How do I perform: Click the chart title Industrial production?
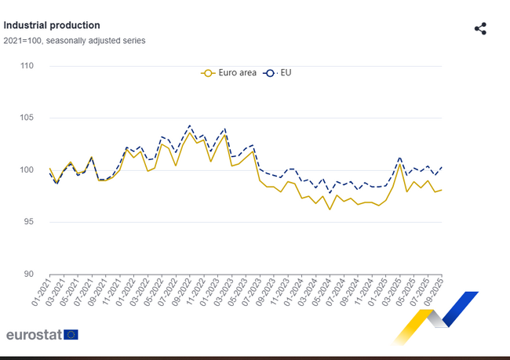click(52, 25)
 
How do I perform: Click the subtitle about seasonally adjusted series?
click(75, 40)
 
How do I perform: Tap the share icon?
click(481, 29)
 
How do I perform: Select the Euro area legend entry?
click(228, 72)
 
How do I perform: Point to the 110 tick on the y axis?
click(27, 66)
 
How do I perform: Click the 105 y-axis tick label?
click(27, 118)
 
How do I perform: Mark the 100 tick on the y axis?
click(27, 170)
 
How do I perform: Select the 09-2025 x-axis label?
click(434, 293)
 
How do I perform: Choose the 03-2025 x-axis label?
click(392, 293)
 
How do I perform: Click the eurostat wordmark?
click(34, 334)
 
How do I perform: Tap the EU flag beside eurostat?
click(71, 334)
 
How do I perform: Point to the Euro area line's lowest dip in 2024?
click(330, 209)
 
